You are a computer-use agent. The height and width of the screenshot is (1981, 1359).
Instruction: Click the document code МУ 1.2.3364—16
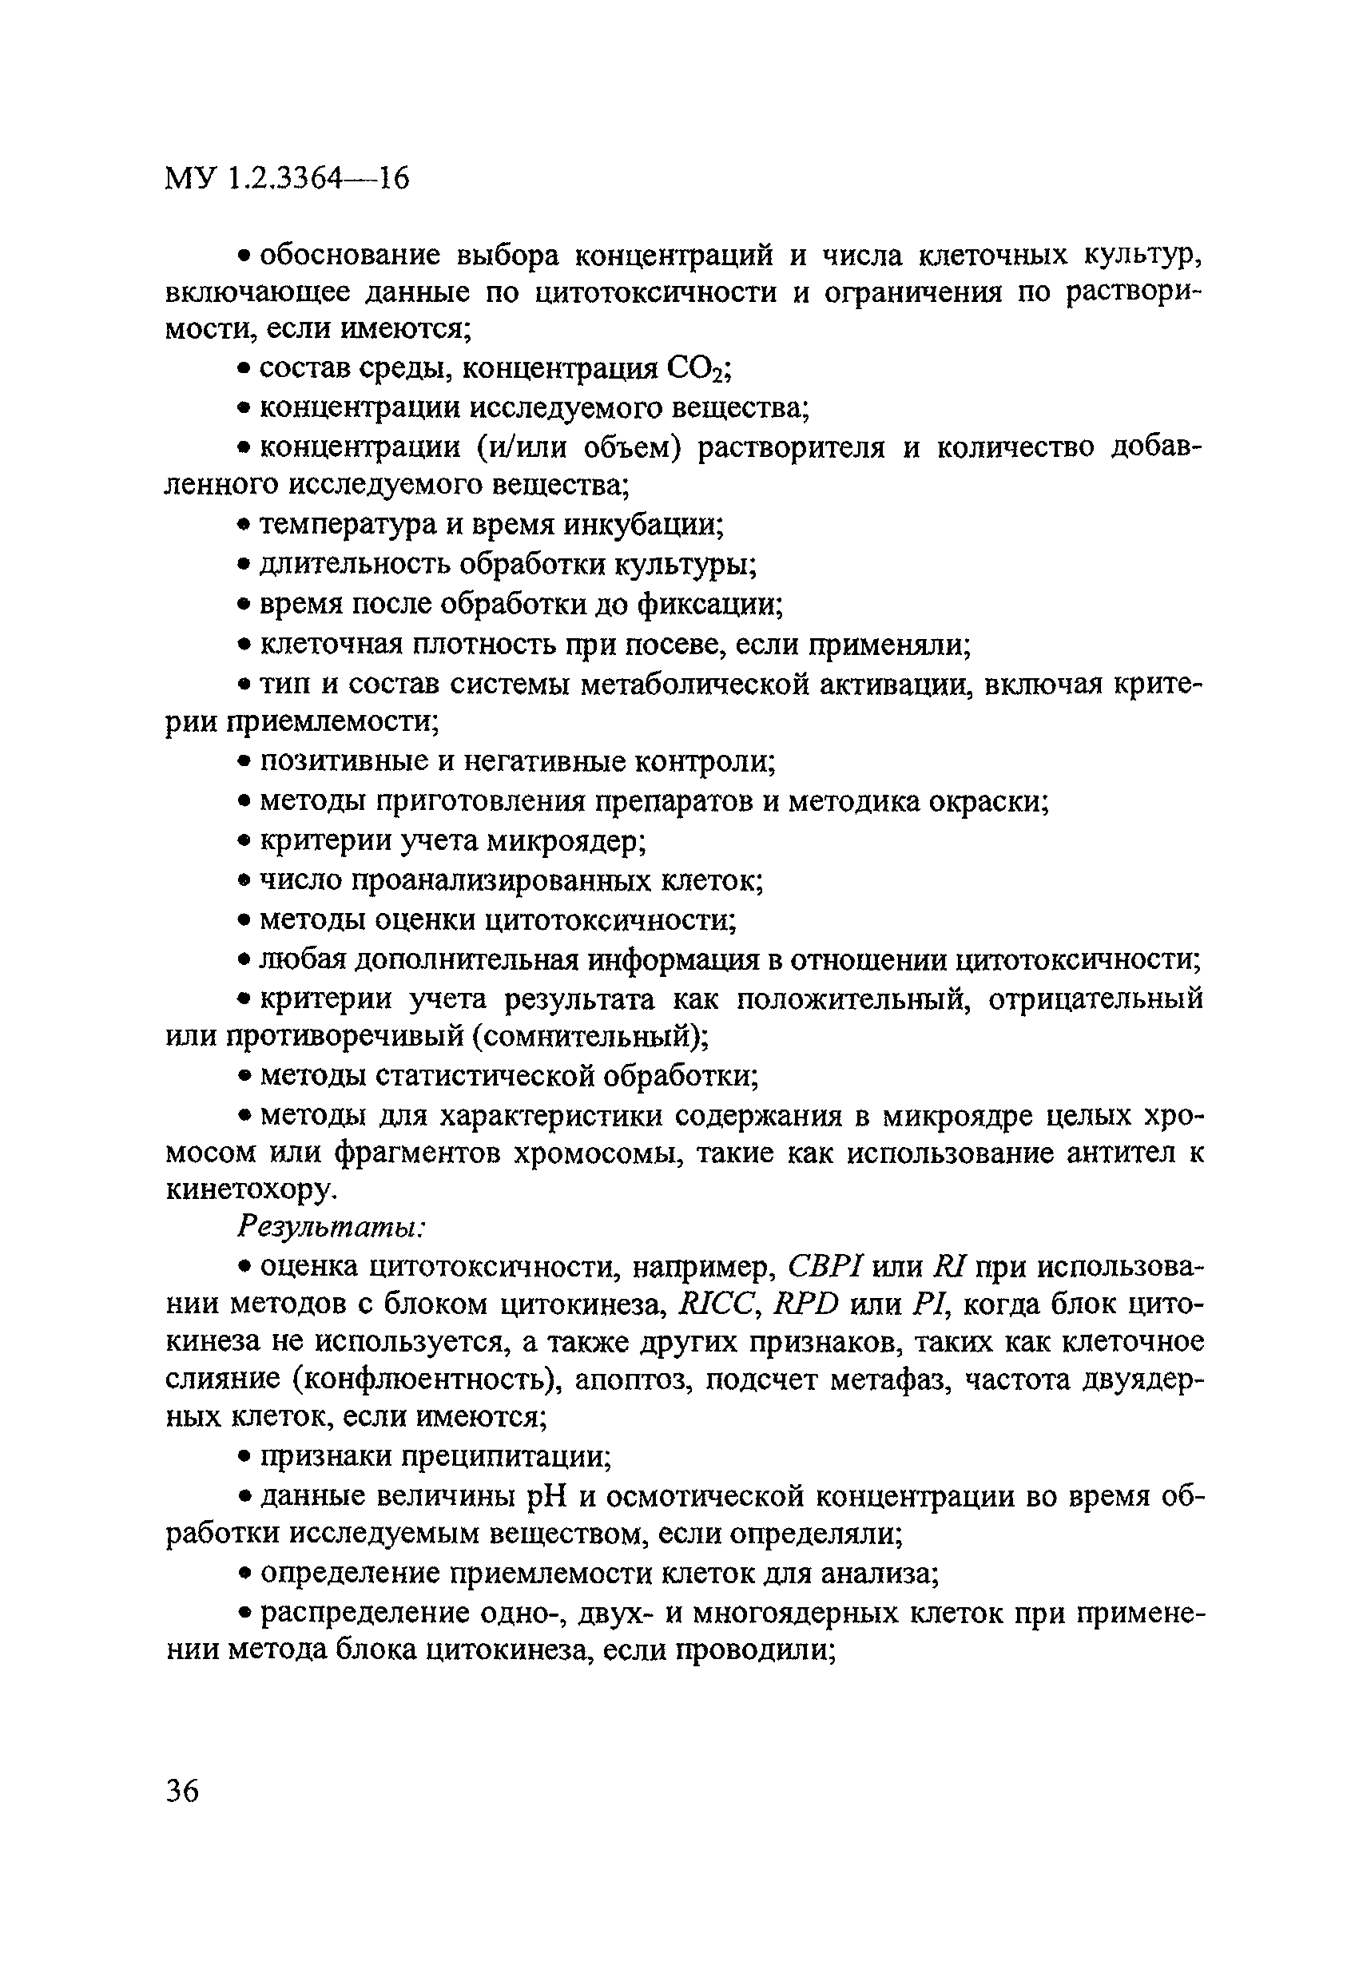288,178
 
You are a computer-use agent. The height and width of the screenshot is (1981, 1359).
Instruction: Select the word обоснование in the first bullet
351,255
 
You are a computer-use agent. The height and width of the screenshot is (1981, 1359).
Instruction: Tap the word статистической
486,1077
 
